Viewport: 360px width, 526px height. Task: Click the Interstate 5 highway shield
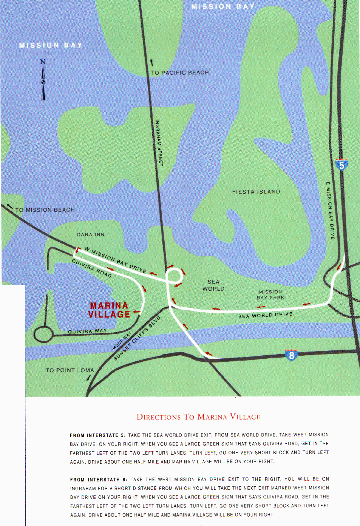point(341,165)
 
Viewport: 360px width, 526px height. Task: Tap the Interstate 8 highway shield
point(291,355)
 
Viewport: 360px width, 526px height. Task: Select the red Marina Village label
point(109,310)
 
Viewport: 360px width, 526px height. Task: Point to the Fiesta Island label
point(256,192)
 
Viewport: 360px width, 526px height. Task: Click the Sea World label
point(213,285)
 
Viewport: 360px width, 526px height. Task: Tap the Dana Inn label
point(91,234)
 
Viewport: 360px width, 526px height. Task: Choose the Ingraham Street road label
point(159,143)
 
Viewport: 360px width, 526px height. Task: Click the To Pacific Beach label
point(180,72)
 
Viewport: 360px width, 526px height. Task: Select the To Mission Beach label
point(45,210)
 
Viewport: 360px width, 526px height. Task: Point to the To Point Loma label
point(70,370)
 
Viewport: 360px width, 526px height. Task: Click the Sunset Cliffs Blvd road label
point(138,338)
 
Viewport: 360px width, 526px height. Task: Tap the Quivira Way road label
point(87,331)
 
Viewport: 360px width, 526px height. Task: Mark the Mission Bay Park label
point(270,295)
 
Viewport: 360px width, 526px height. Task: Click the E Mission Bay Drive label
point(330,211)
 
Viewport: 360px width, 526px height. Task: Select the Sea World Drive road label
point(265,315)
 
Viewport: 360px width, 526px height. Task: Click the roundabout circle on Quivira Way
point(44,334)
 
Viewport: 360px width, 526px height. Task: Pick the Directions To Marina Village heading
point(198,417)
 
